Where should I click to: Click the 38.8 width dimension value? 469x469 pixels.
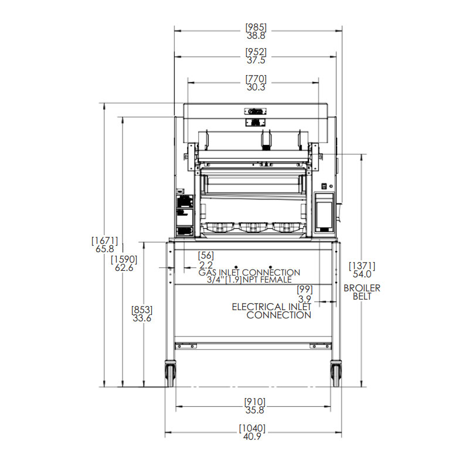[x=256, y=36]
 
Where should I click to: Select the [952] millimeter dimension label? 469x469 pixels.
[x=256, y=52]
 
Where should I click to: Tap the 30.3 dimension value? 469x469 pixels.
[x=256, y=87]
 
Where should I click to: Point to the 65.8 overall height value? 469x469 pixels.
[x=105, y=249]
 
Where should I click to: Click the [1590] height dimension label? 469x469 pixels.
[x=124, y=259]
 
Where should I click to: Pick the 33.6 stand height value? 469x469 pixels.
[x=142, y=318]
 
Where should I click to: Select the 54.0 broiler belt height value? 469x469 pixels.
[x=362, y=274]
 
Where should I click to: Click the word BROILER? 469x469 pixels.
[x=362, y=288]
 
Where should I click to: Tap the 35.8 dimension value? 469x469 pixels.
[x=255, y=410]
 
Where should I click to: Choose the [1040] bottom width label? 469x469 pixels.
[x=252, y=428]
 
